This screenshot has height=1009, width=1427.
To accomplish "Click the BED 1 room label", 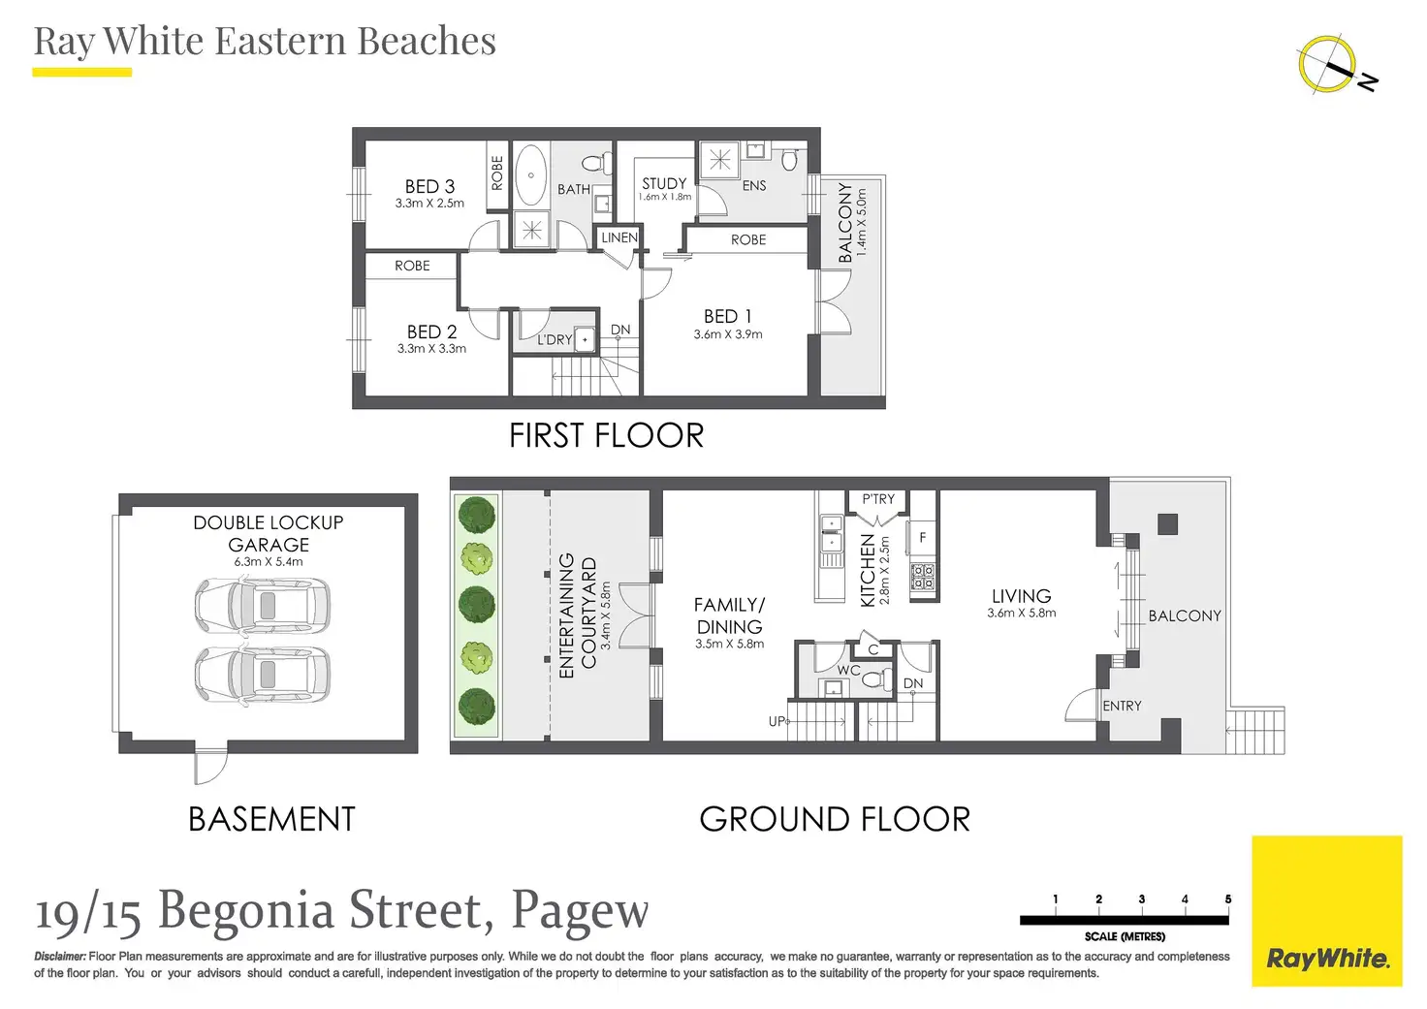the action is click(x=727, y=317).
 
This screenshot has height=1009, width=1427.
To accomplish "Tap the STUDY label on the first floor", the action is click(x=664, y=183).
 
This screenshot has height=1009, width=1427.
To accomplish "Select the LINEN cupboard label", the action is click(x=619, y=237).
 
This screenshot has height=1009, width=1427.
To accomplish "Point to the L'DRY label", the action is click(x=555, y=340).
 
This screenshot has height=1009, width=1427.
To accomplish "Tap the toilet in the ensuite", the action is click(x=789, y=159).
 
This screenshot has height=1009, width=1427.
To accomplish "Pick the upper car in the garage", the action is click(x=263, y=606).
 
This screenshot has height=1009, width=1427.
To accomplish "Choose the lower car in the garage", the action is click(x=263, y=675).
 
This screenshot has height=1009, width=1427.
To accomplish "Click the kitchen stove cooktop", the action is click(x=922, y=577).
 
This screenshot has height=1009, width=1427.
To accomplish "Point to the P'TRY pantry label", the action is click(x=878, y=499).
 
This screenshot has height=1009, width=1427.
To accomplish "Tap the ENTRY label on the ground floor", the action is click(x=1122, y=706).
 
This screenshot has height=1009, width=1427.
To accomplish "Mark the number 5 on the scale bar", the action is click(x=1227, y=899).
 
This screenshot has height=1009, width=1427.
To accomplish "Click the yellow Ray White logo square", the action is click(x=1327, y=911).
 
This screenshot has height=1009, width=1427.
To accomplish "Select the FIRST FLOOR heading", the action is click(x=607, y=436).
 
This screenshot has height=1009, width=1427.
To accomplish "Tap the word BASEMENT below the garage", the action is click(x=272, y=819).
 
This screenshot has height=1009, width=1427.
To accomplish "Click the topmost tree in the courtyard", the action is click(x=477, y=515).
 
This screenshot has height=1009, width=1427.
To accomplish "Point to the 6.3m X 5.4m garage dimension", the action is click(x=269, y=562).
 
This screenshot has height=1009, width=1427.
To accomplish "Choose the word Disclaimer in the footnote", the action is click(x=60, y=956).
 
